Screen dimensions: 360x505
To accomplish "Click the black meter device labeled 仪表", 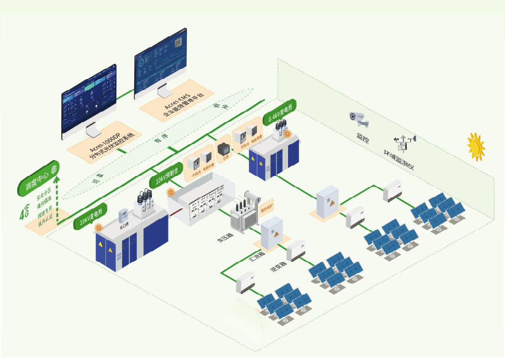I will [x=224, y=150].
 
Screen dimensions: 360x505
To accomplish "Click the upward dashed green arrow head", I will [x=57, y=182].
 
